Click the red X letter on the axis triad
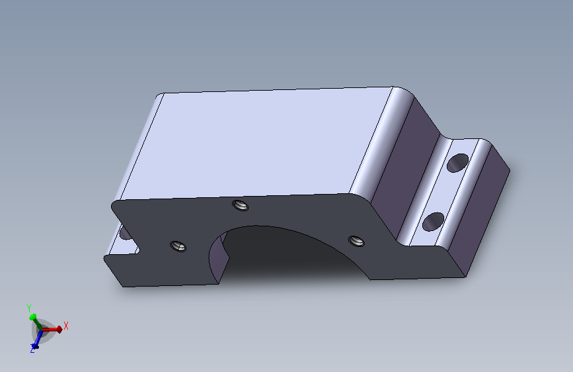pos(66,326)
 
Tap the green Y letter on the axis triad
pos(29,308)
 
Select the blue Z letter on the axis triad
pos(32,350)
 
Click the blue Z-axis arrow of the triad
pos(37,339)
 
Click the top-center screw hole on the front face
pos(241,205)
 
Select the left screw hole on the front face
pos(178,246)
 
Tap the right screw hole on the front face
pos(356,241)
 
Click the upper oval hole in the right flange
pos(457,163)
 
